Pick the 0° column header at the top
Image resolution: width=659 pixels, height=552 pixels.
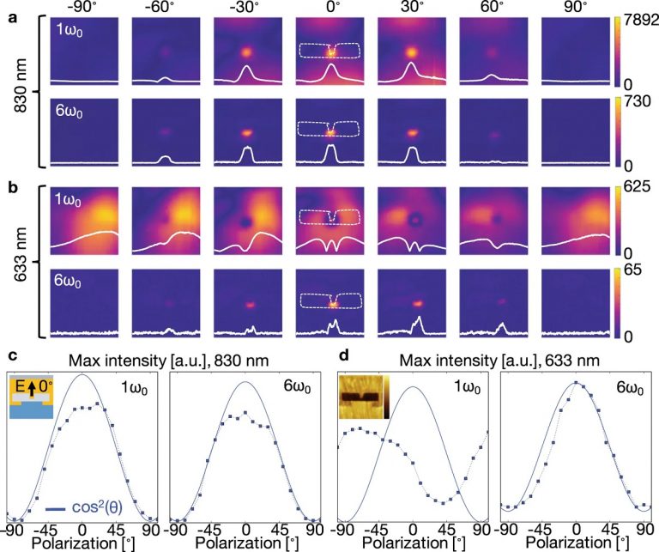(330, 9)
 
